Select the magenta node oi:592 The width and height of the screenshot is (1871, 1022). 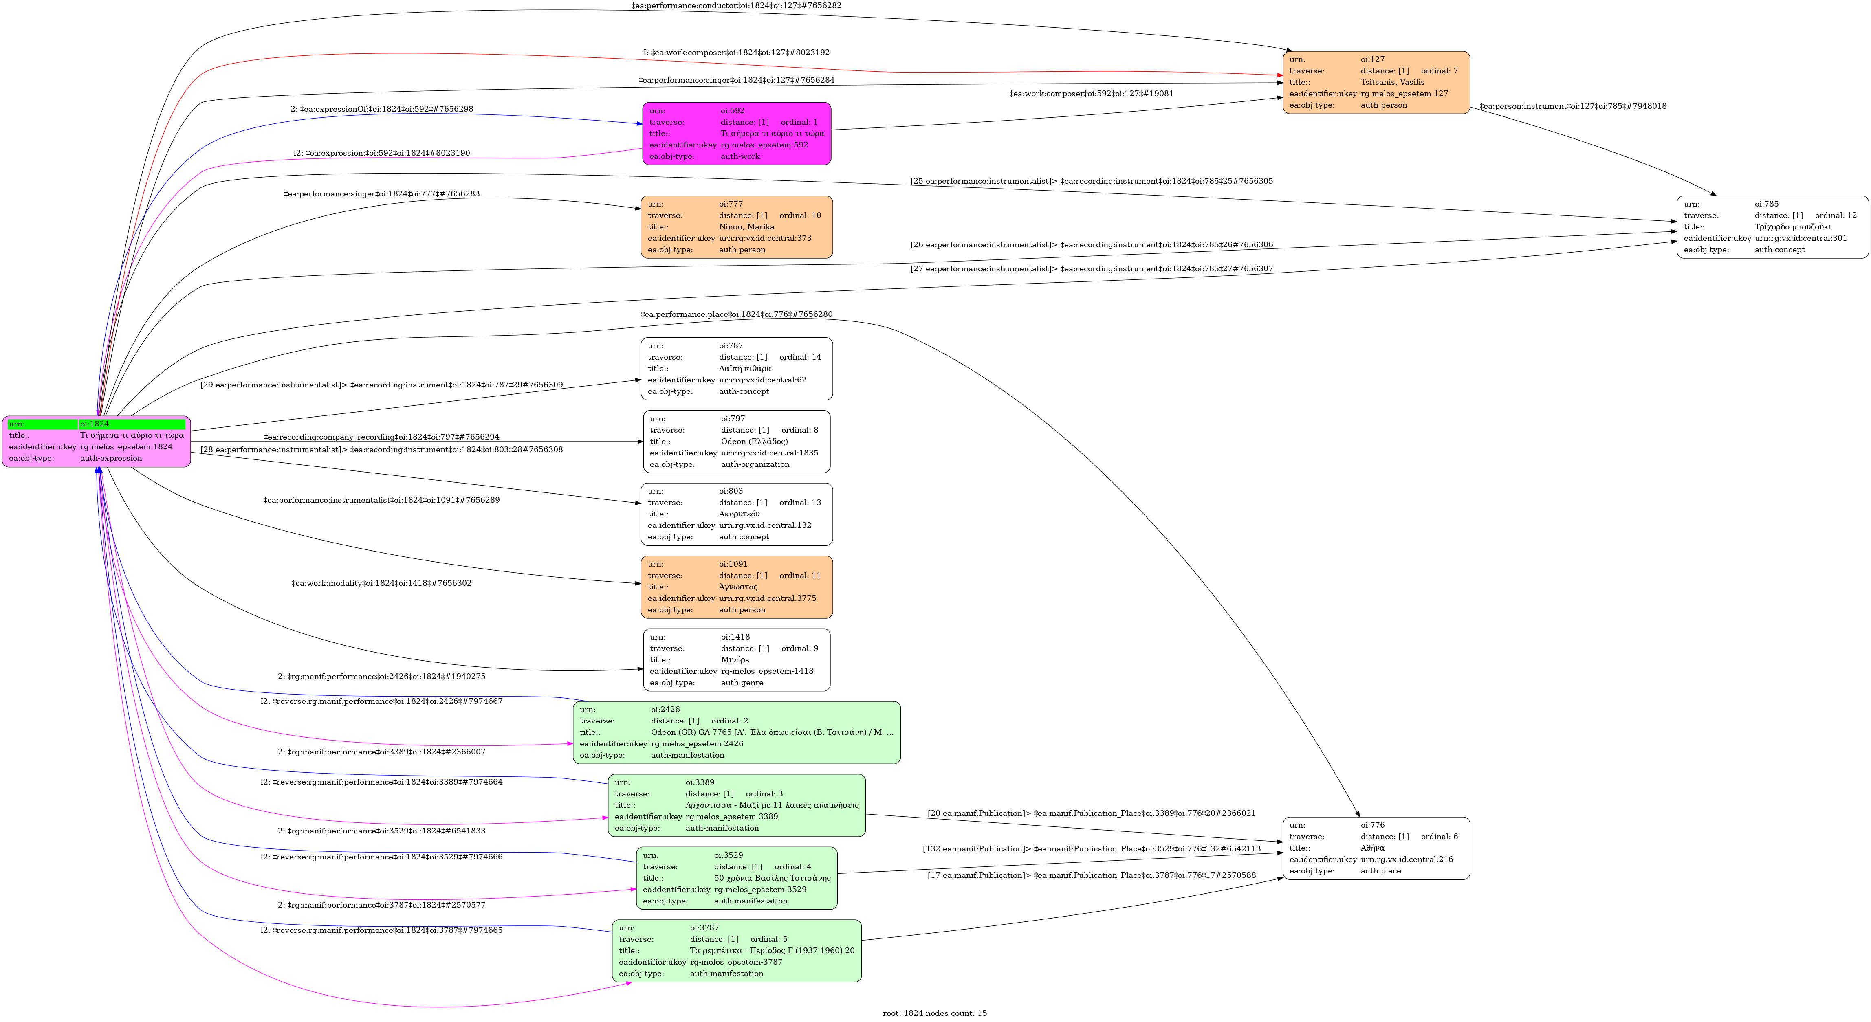(737, 134)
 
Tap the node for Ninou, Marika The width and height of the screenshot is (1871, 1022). (737, 226)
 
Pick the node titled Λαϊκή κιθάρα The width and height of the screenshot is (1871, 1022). (737, 368)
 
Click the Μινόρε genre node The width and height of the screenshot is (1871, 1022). (737, 659)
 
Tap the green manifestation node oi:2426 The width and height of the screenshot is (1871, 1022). (737, 732)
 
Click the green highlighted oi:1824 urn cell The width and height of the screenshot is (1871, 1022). (132, 424)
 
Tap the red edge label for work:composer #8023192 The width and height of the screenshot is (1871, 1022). (736, 52)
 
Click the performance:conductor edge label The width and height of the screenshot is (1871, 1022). (736, 6)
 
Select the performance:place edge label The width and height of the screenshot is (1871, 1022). (736, 314)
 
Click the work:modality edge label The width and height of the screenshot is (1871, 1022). (381, 583)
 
